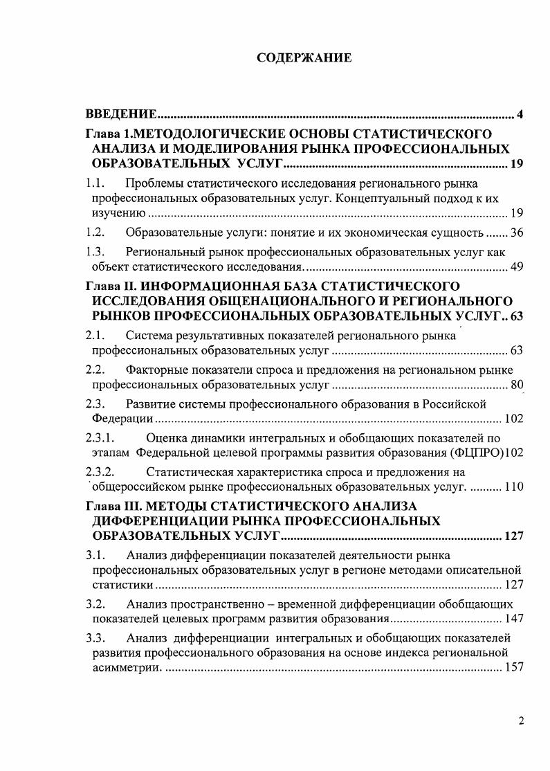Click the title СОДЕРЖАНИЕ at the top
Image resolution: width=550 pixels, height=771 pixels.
(304, 57)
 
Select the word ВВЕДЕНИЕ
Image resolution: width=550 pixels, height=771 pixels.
(118, 114)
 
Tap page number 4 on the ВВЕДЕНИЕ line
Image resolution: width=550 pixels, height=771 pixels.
(520, 114)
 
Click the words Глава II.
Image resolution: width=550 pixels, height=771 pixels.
(110, 287)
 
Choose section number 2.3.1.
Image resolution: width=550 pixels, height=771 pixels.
(100, 438)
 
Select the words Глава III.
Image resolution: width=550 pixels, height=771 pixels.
(113, 505)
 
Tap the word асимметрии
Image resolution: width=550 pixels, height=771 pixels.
(125, 668)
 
